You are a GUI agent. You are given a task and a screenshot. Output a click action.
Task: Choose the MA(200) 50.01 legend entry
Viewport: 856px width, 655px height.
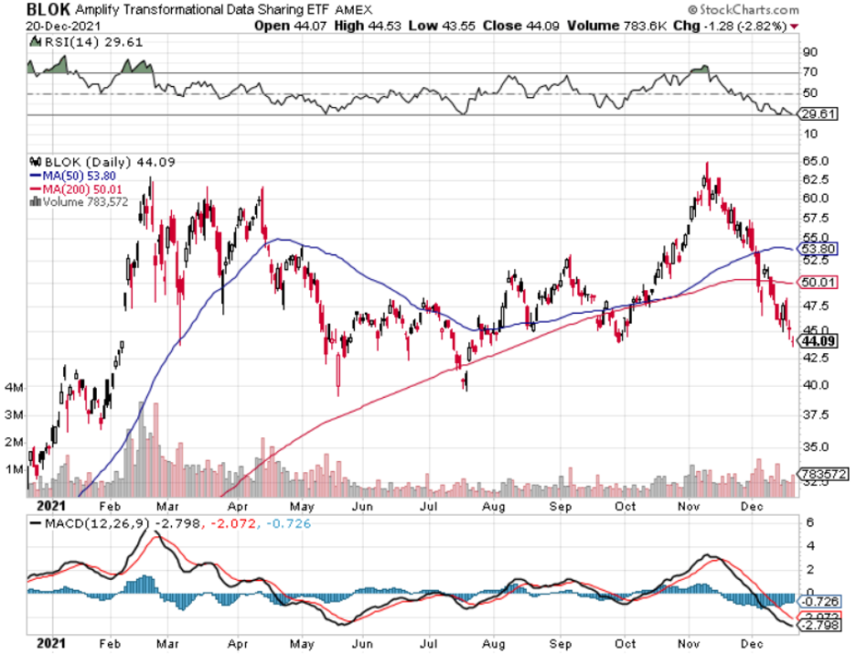point(80,186)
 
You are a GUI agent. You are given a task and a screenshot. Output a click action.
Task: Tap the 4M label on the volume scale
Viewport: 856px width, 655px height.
point(15,388)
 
